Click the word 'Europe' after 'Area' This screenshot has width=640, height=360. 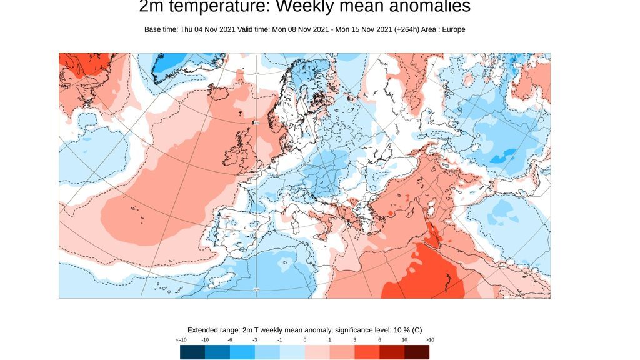click(x=453, y=29)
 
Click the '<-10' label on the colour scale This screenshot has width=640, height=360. click(x=181, y=339)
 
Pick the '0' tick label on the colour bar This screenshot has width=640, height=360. click(x=305, y=339)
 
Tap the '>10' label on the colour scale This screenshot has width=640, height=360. click(x=429, y=339)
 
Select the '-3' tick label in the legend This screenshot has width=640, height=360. click(x=255, y=339)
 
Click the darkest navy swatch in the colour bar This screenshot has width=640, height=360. click(x=192, y=352)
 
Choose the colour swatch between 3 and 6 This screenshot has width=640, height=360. click(x=367, y=352)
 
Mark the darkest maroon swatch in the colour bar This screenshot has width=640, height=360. click(x=417, y=352)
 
